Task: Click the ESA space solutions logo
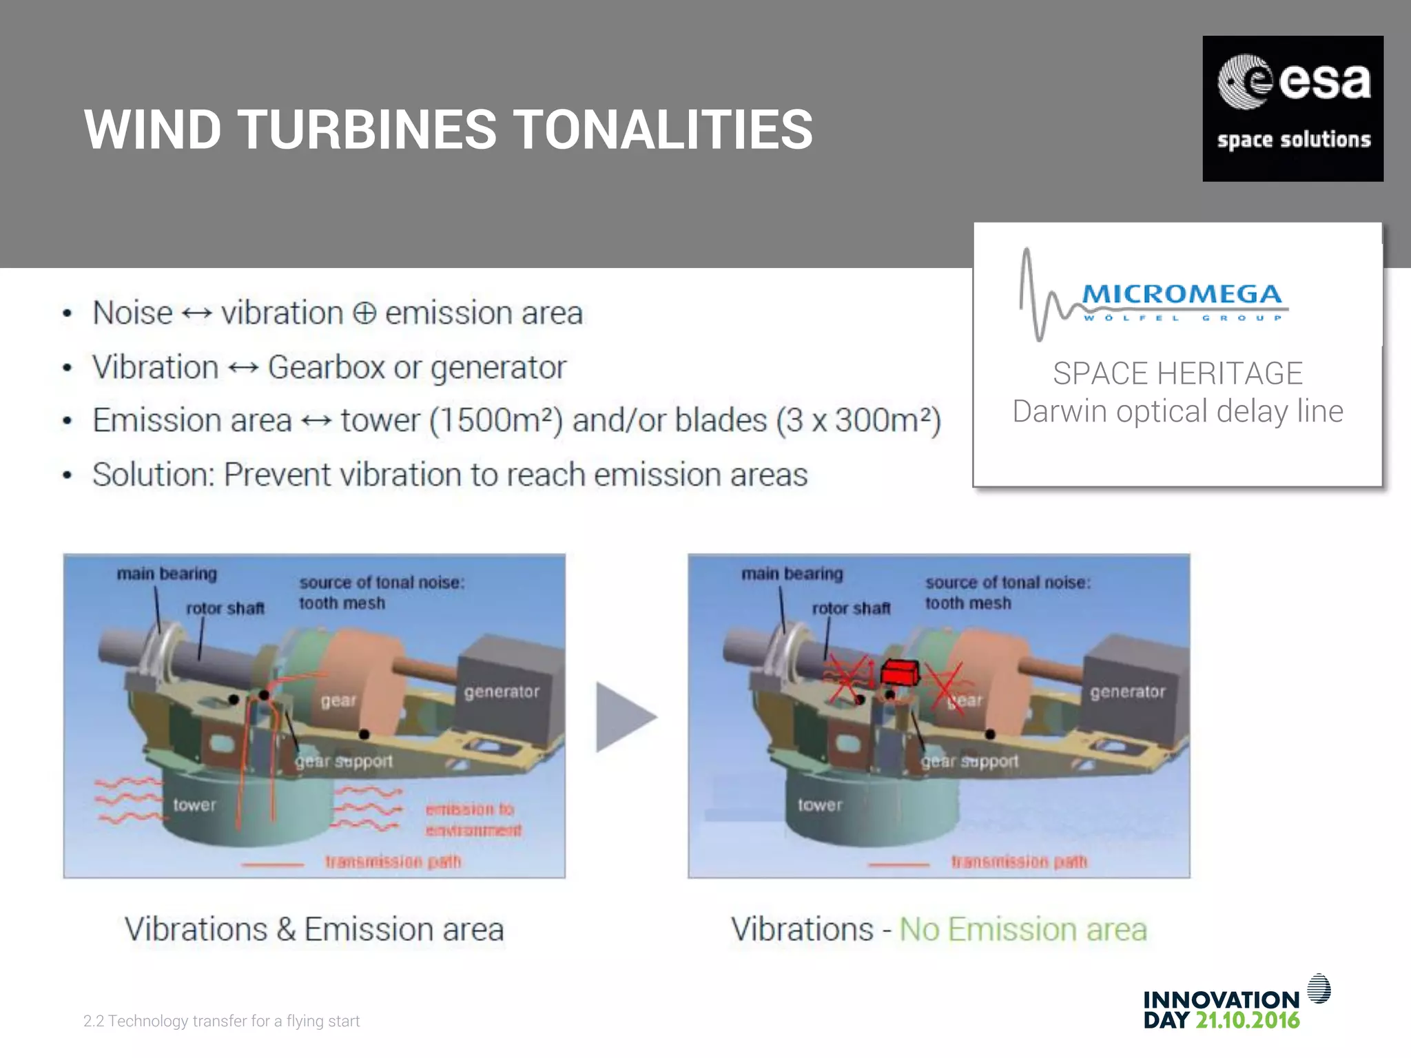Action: (1292, 109)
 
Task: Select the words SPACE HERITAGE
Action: (1177, 374)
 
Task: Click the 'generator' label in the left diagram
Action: (502, 692)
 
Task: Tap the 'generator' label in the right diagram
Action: (1127, 692)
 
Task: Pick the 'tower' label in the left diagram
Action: (194, 805)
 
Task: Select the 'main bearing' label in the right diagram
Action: (792, 574)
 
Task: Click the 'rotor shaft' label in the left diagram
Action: (225, 608)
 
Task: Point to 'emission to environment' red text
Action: (473, 819)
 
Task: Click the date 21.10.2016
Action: (1247, 1020)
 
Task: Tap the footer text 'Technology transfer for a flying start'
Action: (234, 1021)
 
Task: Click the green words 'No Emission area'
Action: (1023, 930)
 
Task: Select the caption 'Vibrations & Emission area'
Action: (314, 930)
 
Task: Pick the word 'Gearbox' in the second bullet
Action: (326, 367)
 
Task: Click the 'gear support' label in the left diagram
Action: (344, 761)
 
